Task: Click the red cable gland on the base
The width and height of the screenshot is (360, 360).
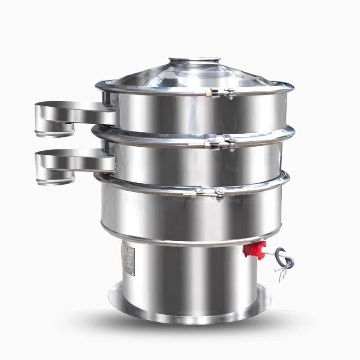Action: click(x=254, y=249)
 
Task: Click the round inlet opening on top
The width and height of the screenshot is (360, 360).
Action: click(x=194, y=61)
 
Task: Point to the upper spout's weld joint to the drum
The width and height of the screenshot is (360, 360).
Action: click(x=108, y=112)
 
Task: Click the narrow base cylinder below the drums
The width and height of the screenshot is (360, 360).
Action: click(x=189, y=274)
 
